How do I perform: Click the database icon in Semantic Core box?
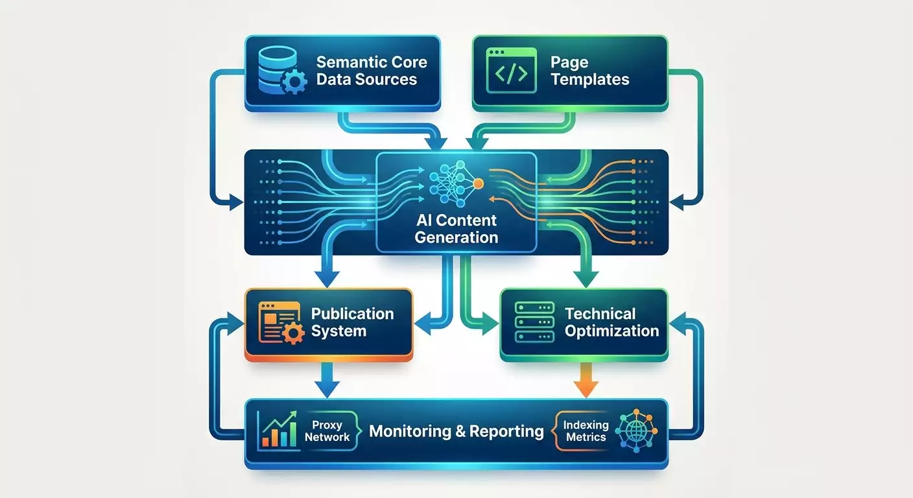click(x=282, y=70)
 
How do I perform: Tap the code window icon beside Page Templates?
click(x=511, y=70)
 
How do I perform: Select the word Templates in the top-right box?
click(x=590, y=80)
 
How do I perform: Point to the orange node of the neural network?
click(x=479, y=184)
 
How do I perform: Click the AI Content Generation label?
click(x=456, y=229)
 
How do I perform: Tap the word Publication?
click(x=353, y=314)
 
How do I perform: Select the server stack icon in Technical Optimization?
click(x=535, y=322)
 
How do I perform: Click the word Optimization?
click(x=611, y=331)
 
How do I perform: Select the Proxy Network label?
click(x=327, y=431)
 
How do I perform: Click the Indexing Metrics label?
click(x=586, y=431)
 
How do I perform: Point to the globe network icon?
click(x=636, y=431)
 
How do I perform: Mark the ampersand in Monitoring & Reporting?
click(x=460, y=431)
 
